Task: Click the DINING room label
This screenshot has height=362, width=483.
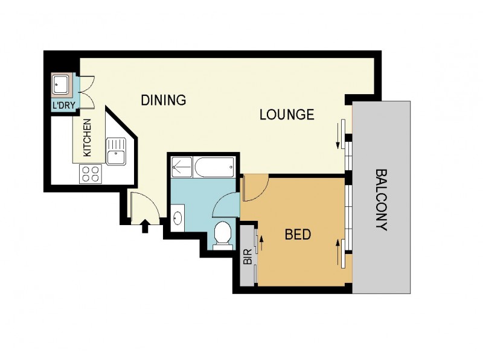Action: tap(163, 100)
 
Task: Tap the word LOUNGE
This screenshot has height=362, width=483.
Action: tap(287, 114)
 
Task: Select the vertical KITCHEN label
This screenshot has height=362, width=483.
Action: tap(87, 138)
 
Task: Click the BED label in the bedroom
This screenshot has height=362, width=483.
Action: tap(298, 234)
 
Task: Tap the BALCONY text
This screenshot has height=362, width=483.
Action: tap(382, 200)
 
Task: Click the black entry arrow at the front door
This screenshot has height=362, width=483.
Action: tap(144, 226)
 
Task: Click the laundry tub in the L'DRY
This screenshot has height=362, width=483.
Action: tap(62, 85)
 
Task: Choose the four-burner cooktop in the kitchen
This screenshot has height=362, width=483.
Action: tap(91, 174)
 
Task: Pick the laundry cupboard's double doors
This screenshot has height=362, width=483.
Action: tap(85, 86)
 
